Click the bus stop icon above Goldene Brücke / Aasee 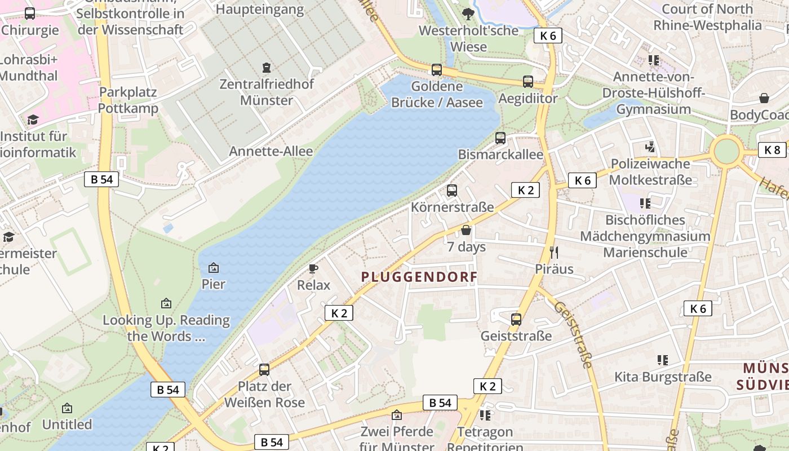tap(437, 70)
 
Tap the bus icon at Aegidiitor tap(528, 82)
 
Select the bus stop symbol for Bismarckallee tap(500, 138)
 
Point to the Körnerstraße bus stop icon tap(452, 191)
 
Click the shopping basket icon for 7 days tap(466, 230)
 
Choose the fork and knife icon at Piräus tap(554, 252)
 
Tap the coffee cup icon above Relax tap(313, 268)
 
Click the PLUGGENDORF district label tap(419, 277)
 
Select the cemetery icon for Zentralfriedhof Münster tap(267, 68)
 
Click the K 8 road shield tap(772, 150)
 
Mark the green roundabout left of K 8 tap(726, 151)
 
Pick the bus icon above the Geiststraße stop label tap(516, 320)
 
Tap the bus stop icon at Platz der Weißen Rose tap(264, 370)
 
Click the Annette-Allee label tap(271, 151)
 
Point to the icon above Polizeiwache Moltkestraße tap(650, 147)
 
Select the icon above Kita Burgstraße tap(663, 360)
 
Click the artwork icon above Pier tap(214, 268)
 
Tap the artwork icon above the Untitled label tap(67, 408)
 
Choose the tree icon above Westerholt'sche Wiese tap(468, 14)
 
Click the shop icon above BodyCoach tap(764, 98)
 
